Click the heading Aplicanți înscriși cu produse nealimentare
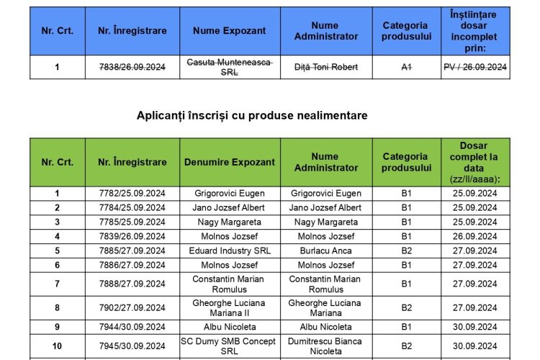click(x=252, y=115)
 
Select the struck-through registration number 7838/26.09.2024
click(x=132, y=67)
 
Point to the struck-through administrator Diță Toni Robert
click(x=325, y=67)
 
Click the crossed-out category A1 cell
click(x=406, y=67)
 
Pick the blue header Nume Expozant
click(x=229, y=31)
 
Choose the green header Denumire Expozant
click(x=229, y=162)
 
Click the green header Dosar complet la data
click(x=474, y=162)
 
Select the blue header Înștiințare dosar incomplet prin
click(x=474, y=31)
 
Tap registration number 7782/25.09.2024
click(x=132, y=193)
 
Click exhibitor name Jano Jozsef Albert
click(x=229, y=207)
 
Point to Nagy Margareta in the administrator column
click(x=325, y=222)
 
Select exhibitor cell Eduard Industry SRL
click(x=229, y=251)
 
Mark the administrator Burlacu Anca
click(x=325, y=251)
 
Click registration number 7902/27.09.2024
click(x=132, y=308)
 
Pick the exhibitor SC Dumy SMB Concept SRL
click(x=229, y=346)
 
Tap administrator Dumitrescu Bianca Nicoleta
click(x=325, y=346)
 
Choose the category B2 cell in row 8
click(x=406, y=308)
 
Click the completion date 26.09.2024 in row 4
click(x=474, y=236)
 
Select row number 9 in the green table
click(x=58, y=327)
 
